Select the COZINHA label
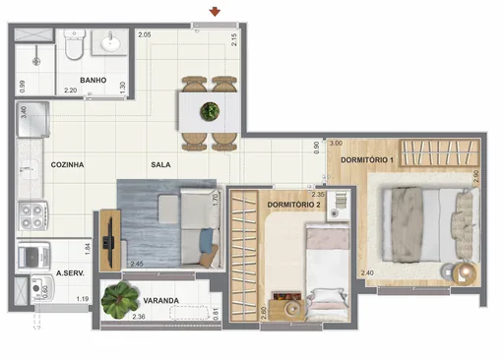click(68, 165)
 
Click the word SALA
click(162, 165)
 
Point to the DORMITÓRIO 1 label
click(367, 158)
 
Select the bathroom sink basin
click(110, 44)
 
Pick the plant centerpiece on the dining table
click(209, 111)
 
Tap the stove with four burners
click(31, 212)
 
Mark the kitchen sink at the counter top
click(31, 123)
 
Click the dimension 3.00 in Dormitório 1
click(336, 144)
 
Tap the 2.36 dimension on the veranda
click(140, 317)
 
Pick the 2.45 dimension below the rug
click(137, 263)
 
